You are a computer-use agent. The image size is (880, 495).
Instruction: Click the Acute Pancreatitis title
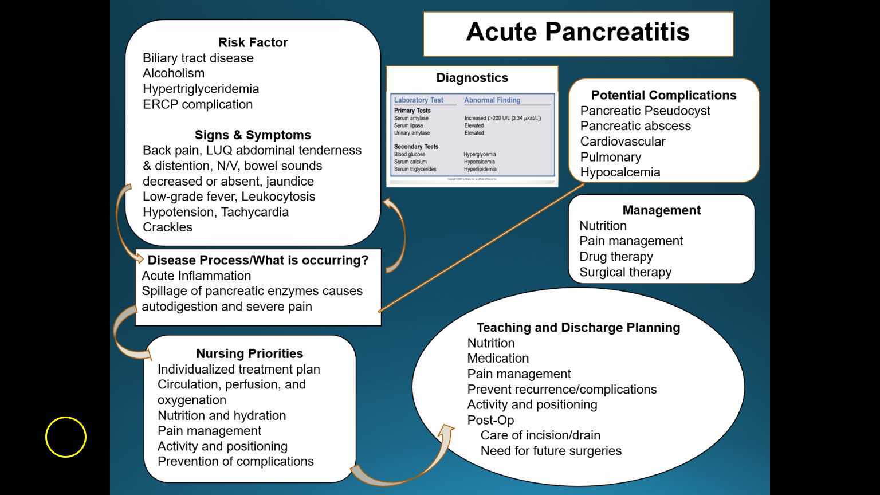577,32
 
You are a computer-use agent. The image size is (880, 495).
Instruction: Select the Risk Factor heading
253,42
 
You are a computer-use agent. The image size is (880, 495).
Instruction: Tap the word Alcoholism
174,73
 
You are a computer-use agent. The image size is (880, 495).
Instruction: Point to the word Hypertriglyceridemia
201,89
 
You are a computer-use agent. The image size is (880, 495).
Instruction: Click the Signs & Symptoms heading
253,135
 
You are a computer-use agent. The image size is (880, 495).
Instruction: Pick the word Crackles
167,227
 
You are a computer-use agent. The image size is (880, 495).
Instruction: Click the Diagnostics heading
472,78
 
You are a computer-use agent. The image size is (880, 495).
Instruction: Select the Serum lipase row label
409,125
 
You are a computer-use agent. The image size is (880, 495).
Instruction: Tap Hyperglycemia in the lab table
480,154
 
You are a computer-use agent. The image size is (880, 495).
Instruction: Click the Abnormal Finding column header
492,100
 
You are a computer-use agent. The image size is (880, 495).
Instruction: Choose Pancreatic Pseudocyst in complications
645,111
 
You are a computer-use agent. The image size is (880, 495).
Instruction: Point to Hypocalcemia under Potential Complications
620,172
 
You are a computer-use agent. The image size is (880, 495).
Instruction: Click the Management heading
661,210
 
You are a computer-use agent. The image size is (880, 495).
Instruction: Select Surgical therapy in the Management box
625,272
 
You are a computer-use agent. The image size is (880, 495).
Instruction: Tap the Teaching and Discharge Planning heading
578,328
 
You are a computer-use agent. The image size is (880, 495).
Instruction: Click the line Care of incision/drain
540,435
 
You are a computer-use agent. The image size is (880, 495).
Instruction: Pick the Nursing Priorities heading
249,353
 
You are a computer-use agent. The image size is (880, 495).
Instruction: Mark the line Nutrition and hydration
222,415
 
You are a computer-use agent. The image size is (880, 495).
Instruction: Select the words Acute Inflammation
196,276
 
